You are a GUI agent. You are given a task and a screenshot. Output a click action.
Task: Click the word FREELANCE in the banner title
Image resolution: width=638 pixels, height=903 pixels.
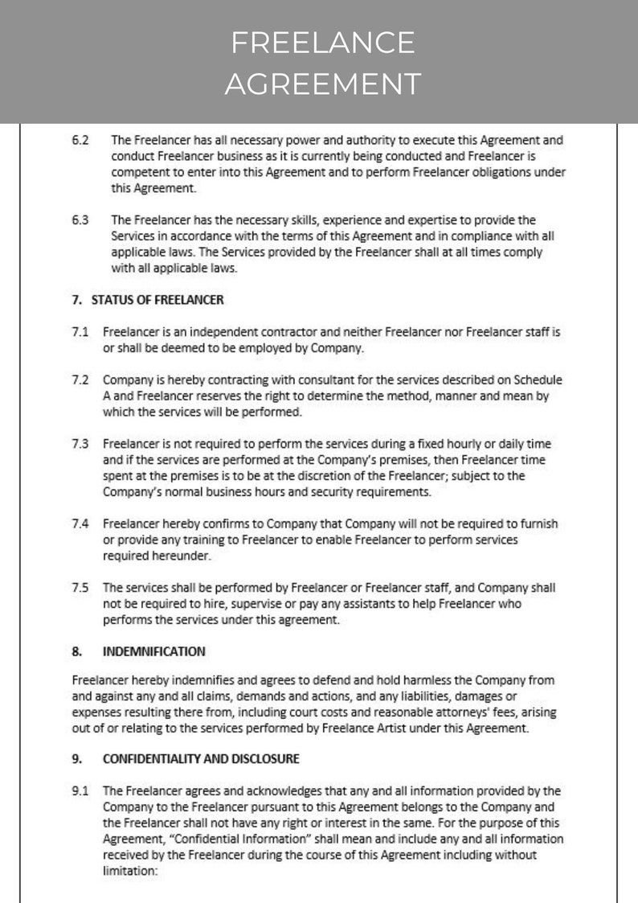[322, 42]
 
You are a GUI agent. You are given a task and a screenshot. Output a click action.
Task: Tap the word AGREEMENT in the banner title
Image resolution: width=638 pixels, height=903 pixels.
[322, 83]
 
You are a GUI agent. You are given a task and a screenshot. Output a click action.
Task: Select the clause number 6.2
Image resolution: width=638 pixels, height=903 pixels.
[80, 139]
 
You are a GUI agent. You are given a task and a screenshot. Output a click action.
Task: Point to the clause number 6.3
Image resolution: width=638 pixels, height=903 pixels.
[80, 220]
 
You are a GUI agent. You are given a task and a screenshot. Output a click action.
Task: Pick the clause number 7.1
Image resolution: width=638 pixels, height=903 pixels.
[80, 331]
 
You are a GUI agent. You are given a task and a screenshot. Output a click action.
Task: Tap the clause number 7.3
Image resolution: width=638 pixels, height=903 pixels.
[80, 444]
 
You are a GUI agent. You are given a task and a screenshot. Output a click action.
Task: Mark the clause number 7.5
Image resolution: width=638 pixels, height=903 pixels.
[80, 588]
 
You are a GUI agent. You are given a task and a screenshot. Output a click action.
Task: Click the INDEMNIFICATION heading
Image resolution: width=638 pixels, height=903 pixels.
[153, 651]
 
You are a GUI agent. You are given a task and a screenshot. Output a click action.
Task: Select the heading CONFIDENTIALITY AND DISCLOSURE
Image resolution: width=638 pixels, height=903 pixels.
[201, 758]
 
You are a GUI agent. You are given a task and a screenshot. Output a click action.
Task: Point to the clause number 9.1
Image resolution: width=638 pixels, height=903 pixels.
[80, 790]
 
